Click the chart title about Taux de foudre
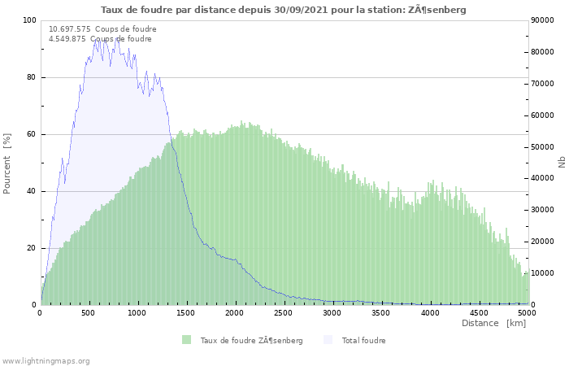pos(284,10)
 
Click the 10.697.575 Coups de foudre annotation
pos(102,29)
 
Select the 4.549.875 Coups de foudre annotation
pos(100,39)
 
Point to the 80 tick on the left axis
pos(32,77)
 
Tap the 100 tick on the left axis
pos(29,20)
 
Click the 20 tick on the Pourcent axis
pos(32,248)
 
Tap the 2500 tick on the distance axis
pos(284,312)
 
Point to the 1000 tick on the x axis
pos(137,312)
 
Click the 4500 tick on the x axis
pos(479,312)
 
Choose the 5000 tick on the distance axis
pos(527,312)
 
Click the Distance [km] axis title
pos(493,323)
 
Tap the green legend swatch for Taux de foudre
pos(187,340)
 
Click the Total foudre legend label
pos(363,340)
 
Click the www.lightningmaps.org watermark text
pos(46,360)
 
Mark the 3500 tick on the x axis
pos(381,312)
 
